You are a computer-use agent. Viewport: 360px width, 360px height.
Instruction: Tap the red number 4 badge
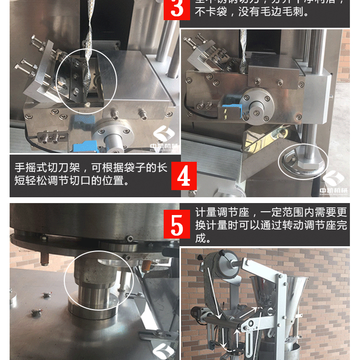click(184, 176)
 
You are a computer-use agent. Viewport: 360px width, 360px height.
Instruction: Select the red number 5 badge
click(177, 224)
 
